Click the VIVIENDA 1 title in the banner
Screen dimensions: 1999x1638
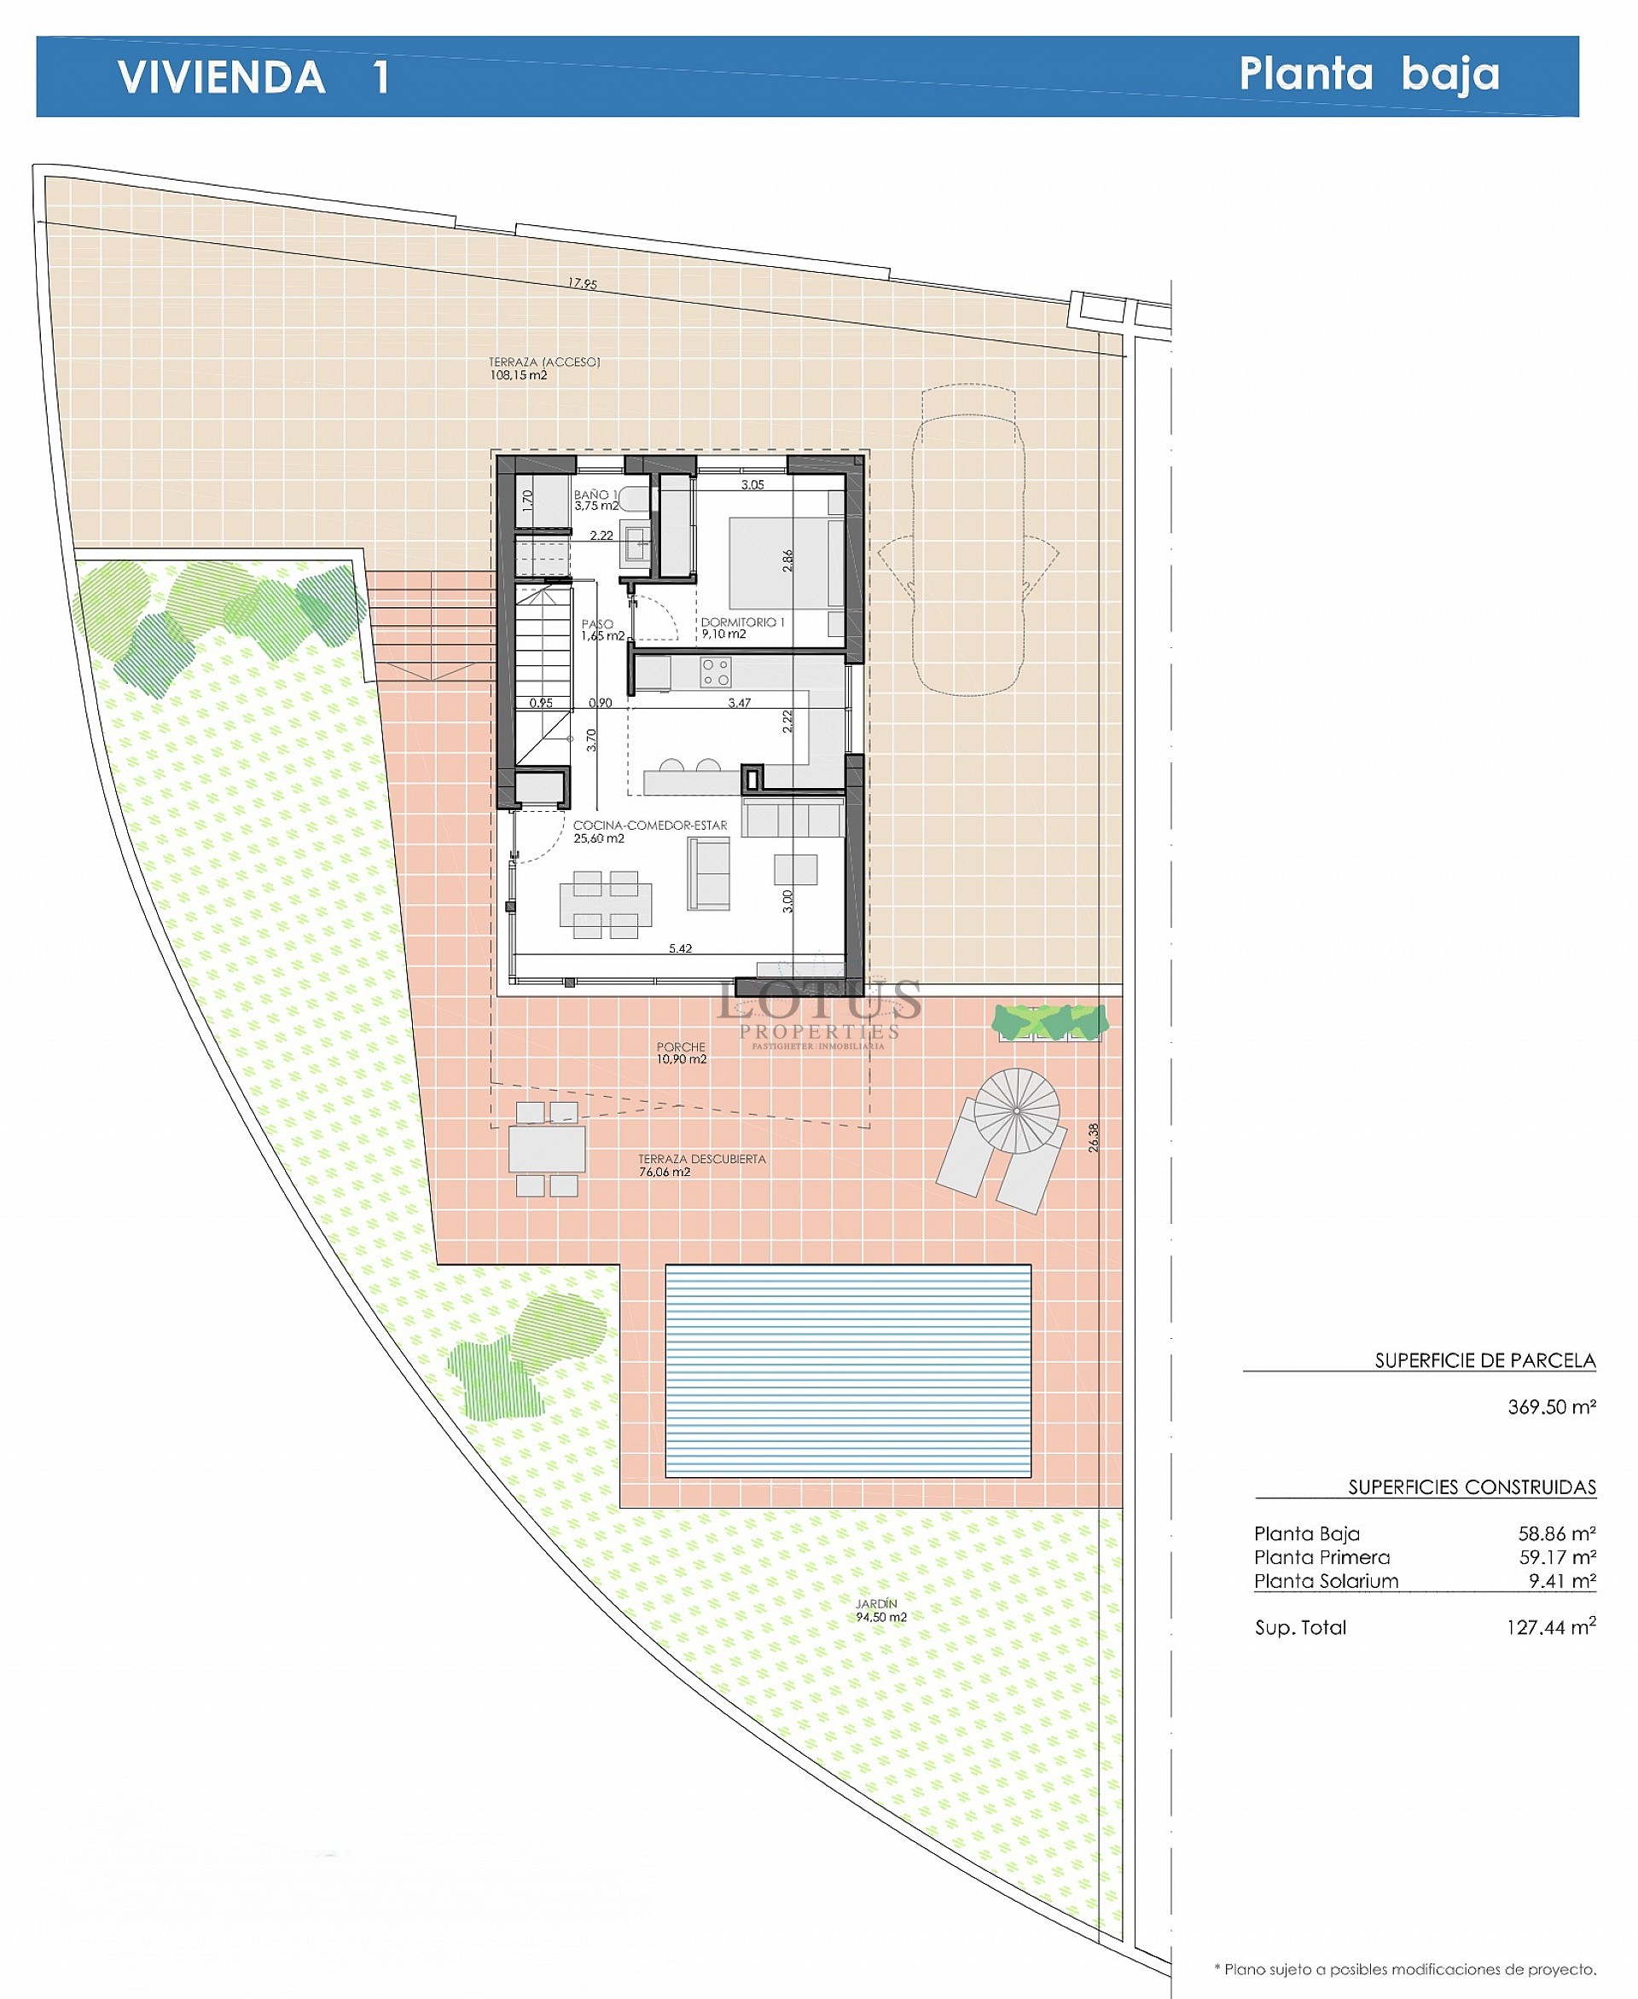(253, 77)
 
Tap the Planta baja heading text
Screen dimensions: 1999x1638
(1368, 73)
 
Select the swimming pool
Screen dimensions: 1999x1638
(847, 1370)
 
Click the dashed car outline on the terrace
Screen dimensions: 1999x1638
(967, 540)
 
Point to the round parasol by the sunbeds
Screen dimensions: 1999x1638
(1016, 1110)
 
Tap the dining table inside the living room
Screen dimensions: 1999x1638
(605, 905)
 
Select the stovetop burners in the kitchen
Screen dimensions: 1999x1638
(715, 672)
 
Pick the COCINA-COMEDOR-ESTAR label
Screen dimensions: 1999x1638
(649, 826)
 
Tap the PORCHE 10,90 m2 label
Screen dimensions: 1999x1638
(682, 1052)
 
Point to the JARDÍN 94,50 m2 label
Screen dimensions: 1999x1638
(880, 1610)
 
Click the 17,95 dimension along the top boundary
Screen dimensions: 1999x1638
(582, 283)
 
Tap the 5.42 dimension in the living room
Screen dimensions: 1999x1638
(680, 948)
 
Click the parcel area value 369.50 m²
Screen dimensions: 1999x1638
(1550, 1406)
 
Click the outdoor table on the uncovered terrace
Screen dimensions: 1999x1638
(546, 1149)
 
